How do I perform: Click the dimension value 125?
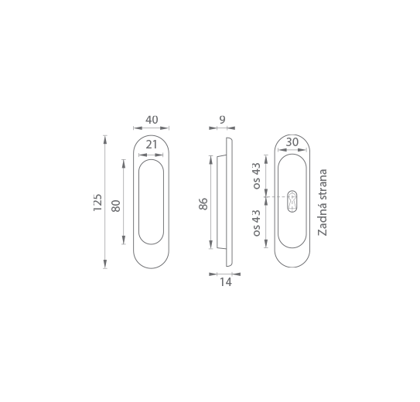click(97, 203)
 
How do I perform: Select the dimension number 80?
click(116, 206)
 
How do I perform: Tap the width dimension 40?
click(152, 120)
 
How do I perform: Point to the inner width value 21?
click(152, 145)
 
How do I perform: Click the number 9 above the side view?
click(222, 120)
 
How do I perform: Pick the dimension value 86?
click(203, 203)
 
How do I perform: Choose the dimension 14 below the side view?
click(226, 282)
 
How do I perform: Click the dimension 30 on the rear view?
click(292, 142)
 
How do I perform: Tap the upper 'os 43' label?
click(257, 175)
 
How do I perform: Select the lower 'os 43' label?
click(257, 223)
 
